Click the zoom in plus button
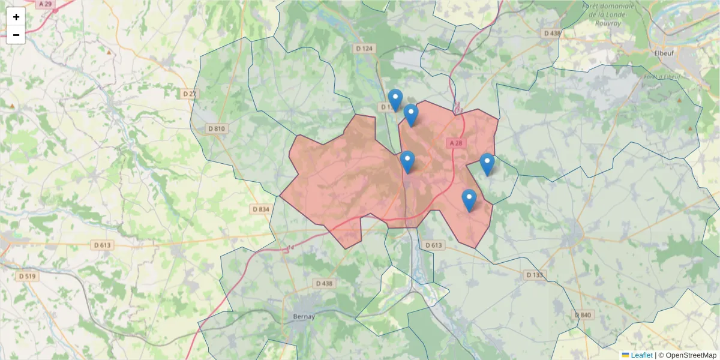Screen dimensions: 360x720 click(16, 17)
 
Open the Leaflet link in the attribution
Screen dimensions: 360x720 click(641, 355)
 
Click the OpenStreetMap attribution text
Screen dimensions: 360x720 click(691, 355)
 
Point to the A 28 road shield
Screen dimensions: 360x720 click(455, 143)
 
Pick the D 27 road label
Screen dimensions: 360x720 click(190, 94)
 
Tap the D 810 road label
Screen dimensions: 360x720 click(217, 128)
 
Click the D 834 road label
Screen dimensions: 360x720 click(261, 209)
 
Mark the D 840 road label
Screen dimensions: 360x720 click(583, 315)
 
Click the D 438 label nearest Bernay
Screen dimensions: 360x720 click(323, 283)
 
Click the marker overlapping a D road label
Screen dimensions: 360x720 click(395, 100)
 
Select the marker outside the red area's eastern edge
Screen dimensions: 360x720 click(487, 164)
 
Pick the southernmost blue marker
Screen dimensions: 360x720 click(469, 200)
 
